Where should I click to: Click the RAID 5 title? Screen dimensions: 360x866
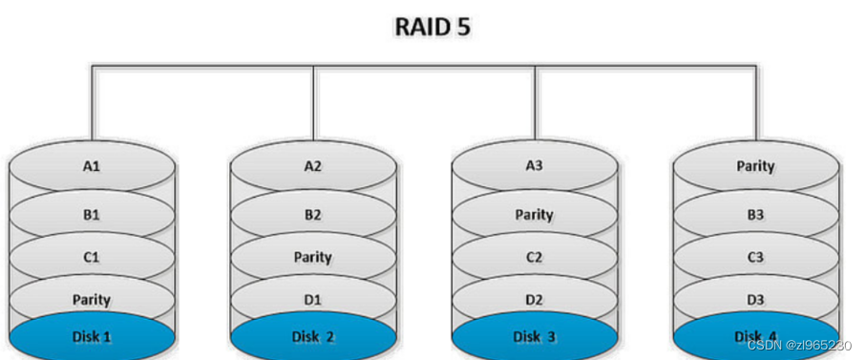(x=432, y=26)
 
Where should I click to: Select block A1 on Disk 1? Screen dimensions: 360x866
(x=92, y=166)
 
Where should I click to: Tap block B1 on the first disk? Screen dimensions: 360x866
(x=92, y=214)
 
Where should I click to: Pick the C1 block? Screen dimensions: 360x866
(x=92, y=257)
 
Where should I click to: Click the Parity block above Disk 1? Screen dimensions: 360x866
(x=92, y=299)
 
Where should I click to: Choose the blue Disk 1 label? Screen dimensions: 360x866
(x=92, y=336)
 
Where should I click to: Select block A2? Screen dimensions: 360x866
(x=313, y=166)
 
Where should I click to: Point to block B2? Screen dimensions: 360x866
(x=313, y=214)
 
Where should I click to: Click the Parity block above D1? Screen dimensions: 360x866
(x=313, y=257)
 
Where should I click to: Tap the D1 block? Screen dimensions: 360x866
(x=313, y=299)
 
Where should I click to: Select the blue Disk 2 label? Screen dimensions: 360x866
(x=313, y=336)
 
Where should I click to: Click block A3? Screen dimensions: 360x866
(x=535, y=166)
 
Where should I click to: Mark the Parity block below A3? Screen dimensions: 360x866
(x=535, y=214)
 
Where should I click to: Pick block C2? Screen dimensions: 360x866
(x=535, y=257)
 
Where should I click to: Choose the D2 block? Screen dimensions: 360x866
(x=535, y=299)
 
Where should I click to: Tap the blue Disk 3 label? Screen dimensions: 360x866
(x=535, y=336)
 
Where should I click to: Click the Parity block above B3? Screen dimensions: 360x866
(x=755, y=166)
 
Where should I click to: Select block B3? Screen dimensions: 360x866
(x=755, y=214)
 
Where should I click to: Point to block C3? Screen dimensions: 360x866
(x=755, y=257)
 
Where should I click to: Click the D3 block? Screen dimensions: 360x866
(x=755, y=299)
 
